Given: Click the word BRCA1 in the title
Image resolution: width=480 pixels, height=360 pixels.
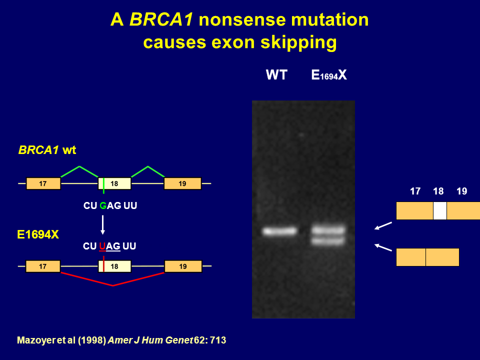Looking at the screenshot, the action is (161, 19).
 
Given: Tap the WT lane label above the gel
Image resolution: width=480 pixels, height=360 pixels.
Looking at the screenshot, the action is (276, 75).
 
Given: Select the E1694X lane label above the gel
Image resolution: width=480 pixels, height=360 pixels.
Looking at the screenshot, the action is (329, 75).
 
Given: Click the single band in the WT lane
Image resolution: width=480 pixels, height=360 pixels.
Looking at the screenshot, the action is (280, 231).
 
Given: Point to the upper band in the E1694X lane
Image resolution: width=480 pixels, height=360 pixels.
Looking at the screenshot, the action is (328, 229).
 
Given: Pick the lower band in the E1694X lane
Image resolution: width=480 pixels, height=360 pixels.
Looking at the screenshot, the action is (328, 241).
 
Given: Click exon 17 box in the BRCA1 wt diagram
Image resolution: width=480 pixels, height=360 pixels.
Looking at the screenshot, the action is (43, 183).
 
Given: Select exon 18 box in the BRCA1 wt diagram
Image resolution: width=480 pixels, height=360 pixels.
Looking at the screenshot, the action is (114, 183).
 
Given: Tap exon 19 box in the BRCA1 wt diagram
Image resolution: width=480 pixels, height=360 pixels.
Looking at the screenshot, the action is (182, 183).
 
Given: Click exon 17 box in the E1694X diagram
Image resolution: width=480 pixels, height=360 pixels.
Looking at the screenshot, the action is (43, 266).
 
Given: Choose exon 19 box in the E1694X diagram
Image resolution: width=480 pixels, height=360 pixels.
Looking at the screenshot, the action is (183, 266).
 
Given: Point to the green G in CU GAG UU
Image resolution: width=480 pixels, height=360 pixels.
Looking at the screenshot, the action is (103, 205).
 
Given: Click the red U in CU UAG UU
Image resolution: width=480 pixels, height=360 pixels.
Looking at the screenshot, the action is (102, 246).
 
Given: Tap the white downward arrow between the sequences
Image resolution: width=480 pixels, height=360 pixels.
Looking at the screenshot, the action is (103, 225).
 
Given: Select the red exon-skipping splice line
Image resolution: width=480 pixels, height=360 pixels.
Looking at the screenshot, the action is (112, 285).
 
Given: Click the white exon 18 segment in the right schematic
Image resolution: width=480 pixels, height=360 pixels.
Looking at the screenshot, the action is (440, 210).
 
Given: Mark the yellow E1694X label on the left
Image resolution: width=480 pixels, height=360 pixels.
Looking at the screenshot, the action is (38, 235).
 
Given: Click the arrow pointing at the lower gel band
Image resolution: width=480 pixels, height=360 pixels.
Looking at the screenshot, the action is (383, 247).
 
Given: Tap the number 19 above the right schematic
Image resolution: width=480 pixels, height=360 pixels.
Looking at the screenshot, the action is (461, 191).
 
